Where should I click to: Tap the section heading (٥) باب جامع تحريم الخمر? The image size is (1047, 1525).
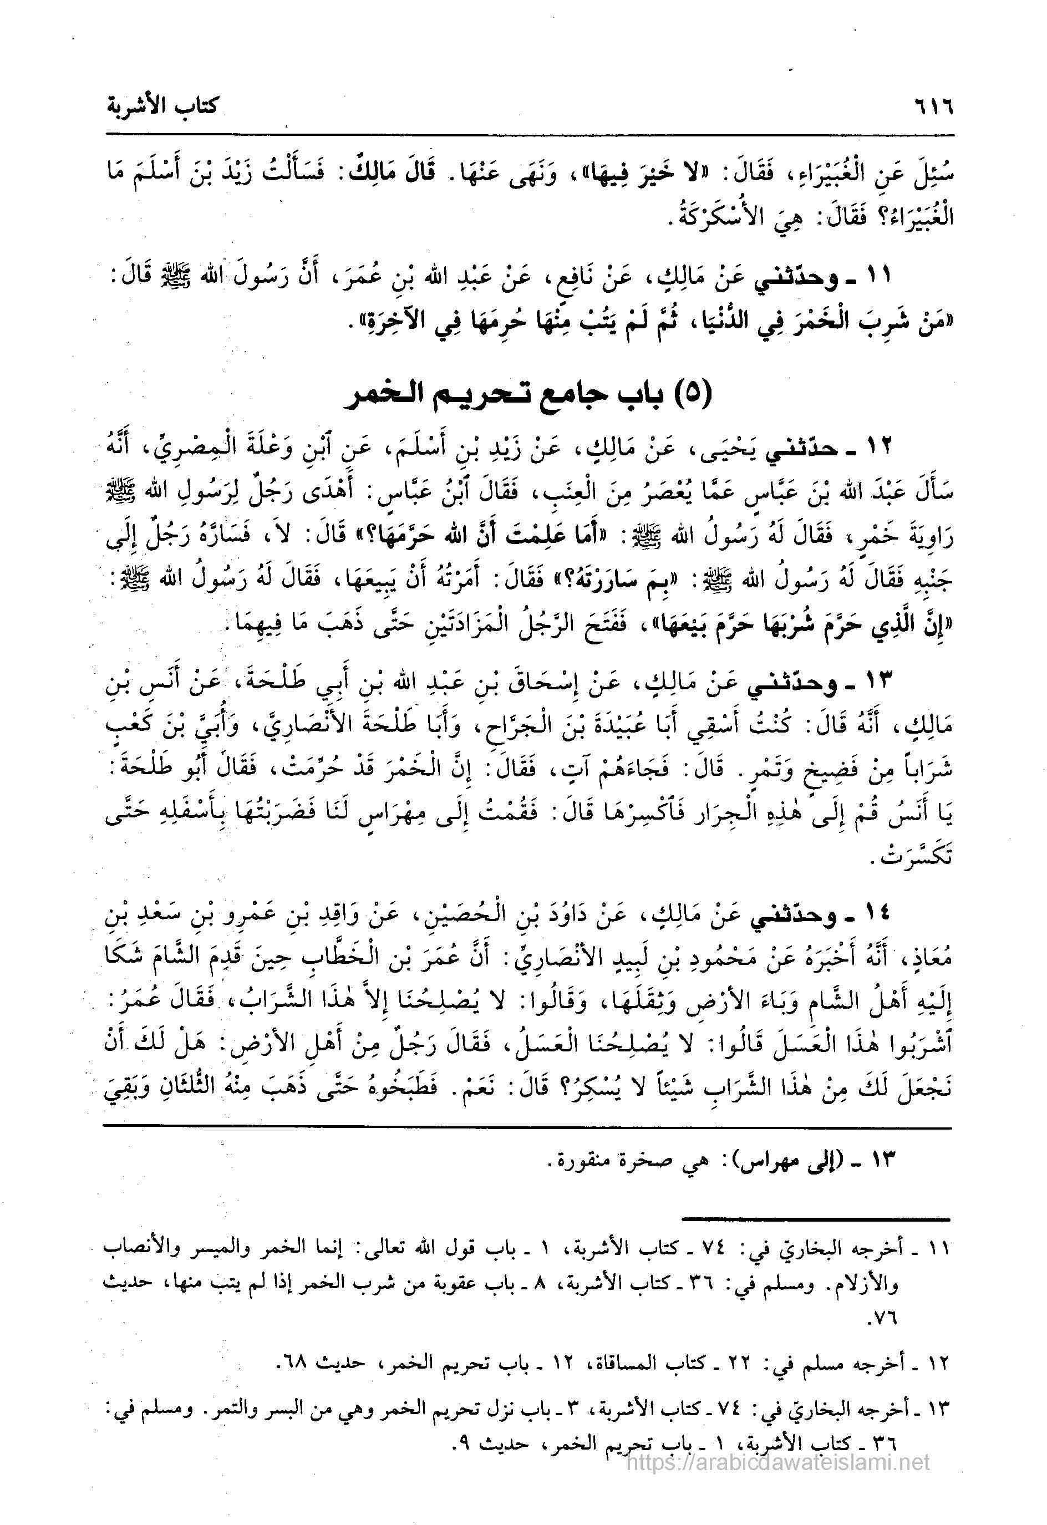(528, 397)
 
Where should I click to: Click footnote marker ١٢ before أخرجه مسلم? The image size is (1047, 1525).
(940, 1365)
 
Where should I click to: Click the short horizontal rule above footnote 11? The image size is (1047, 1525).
(816, 1218)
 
